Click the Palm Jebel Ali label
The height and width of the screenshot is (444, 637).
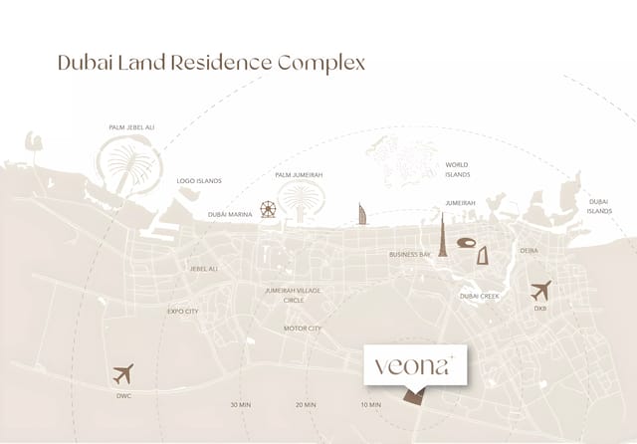[130, 127]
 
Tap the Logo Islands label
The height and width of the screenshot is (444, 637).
[199, 181]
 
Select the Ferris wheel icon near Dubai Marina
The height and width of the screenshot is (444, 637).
[268, 210]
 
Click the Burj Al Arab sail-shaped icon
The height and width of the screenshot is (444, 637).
[363, 214]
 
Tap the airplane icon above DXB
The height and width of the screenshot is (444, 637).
[540, 291]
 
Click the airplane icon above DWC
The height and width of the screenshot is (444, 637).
[123, 374]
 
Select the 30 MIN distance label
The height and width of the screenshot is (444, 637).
[240, 405]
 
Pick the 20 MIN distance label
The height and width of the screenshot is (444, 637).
[306, 405]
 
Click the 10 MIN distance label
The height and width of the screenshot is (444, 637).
[371, 405]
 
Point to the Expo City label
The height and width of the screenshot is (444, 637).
[183, 312]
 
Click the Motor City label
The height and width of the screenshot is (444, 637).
[303, 329]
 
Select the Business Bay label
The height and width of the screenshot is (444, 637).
[410, 255]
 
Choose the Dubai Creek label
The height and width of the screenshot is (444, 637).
[479, 296]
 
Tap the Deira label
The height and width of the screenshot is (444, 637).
[529, 251]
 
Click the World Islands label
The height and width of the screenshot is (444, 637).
[457, 169]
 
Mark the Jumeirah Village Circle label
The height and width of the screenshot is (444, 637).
[293, 295]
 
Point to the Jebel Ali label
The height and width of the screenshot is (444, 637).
[204, 269]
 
